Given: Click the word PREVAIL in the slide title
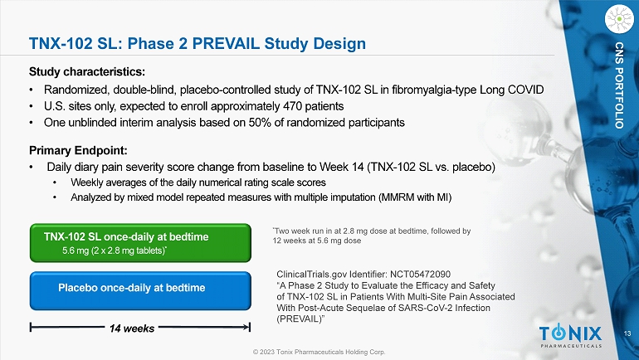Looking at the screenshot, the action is pos(226,44).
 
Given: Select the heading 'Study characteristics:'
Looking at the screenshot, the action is pos(87,72).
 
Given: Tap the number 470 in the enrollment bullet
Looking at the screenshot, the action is pos(293,106).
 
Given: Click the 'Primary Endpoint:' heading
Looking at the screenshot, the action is pos(78,151).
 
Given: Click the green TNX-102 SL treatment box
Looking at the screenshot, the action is pos(140,243).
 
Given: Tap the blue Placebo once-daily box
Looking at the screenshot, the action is pos(140,291).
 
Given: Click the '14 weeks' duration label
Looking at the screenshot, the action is pos(132,328).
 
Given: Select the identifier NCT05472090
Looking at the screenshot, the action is pos(420,275).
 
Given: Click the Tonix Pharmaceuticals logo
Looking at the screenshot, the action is pos(571,337).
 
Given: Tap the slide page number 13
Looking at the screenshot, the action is pos(627,333).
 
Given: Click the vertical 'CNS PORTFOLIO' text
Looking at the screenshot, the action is pos(619,85).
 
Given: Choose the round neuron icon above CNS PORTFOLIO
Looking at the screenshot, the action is pos(619,19).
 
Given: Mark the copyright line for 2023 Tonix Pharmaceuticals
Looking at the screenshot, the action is pos(319,352).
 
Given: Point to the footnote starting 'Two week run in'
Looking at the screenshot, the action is pos(372,236).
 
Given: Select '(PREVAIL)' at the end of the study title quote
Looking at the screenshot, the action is pos(300,319).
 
